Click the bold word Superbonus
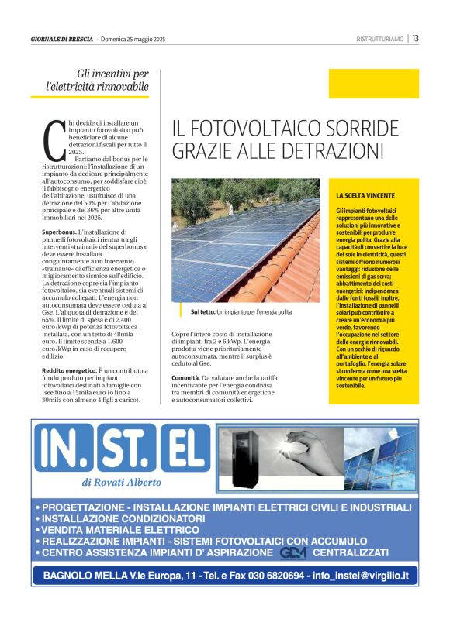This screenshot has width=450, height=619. [x=58, y=232]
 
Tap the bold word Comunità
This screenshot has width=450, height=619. [x=185, y=377]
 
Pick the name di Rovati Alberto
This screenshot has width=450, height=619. [x=122, y=482]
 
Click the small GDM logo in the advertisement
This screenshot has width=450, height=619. [x=293, y=552]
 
